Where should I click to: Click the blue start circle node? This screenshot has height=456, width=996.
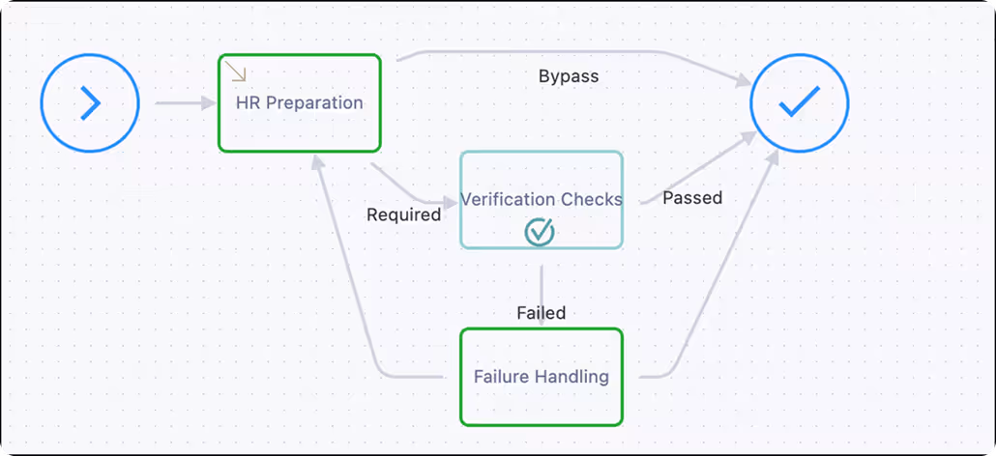(90, 102)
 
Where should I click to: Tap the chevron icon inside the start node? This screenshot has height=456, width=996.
(91, 102)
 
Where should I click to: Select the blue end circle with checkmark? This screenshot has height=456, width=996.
(799, 102)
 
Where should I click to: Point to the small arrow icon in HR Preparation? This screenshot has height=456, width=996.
(238, 73)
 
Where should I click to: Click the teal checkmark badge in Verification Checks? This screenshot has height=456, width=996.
(540, 231)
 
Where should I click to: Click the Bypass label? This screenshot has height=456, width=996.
(569, 76)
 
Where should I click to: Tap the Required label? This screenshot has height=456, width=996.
(403, 214)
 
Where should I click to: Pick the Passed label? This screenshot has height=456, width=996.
(692, 198)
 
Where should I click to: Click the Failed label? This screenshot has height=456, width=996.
(541, 312)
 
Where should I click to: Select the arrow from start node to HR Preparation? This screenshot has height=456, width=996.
(184, 102)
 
